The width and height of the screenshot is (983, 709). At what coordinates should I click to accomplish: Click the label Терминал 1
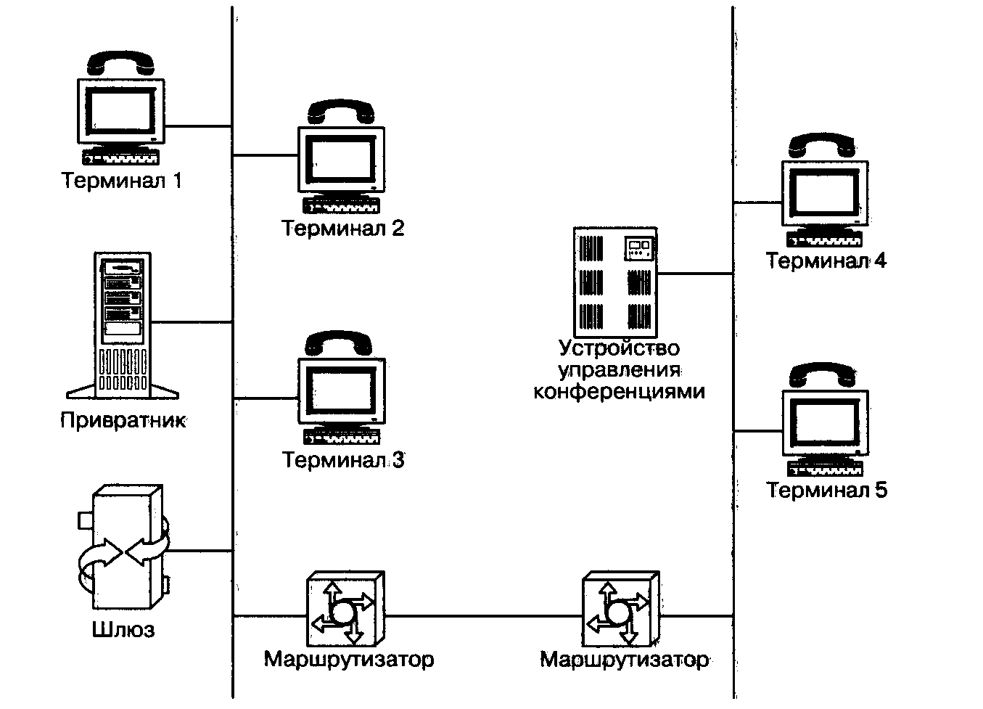(x=121, y=180)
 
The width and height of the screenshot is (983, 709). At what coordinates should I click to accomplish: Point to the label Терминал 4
(x=826, y=261)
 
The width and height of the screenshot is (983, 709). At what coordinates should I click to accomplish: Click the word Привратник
(x=123, y=420)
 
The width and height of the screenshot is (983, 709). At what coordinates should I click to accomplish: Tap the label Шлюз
(x=123, y=629)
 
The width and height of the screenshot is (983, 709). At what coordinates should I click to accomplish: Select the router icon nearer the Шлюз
(x=345, y=610)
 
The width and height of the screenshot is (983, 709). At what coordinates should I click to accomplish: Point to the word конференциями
(x=619, y=392)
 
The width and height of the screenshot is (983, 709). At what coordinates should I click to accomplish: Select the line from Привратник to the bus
(x=192, y=322)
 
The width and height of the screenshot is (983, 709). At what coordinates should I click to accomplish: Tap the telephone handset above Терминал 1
(x=121, y=63)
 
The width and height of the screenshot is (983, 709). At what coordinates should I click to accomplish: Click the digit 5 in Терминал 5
(x=880, y=490)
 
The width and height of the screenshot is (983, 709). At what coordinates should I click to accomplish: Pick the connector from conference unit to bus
(x=695, y=274)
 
